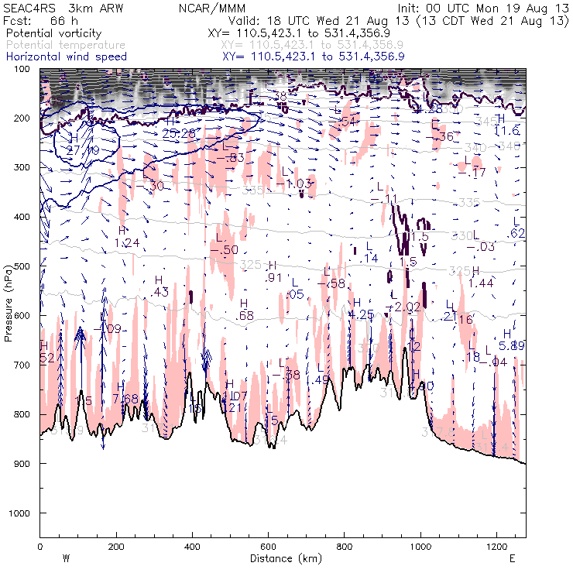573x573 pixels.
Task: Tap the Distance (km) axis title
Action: (283, 558)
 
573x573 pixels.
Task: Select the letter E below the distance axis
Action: (512, 558)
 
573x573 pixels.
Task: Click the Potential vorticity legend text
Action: (53, 34)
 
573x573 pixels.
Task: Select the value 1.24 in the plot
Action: (126, 243)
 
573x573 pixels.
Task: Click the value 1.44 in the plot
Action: (481, 283)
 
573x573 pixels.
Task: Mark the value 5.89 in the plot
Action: (512, 345)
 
